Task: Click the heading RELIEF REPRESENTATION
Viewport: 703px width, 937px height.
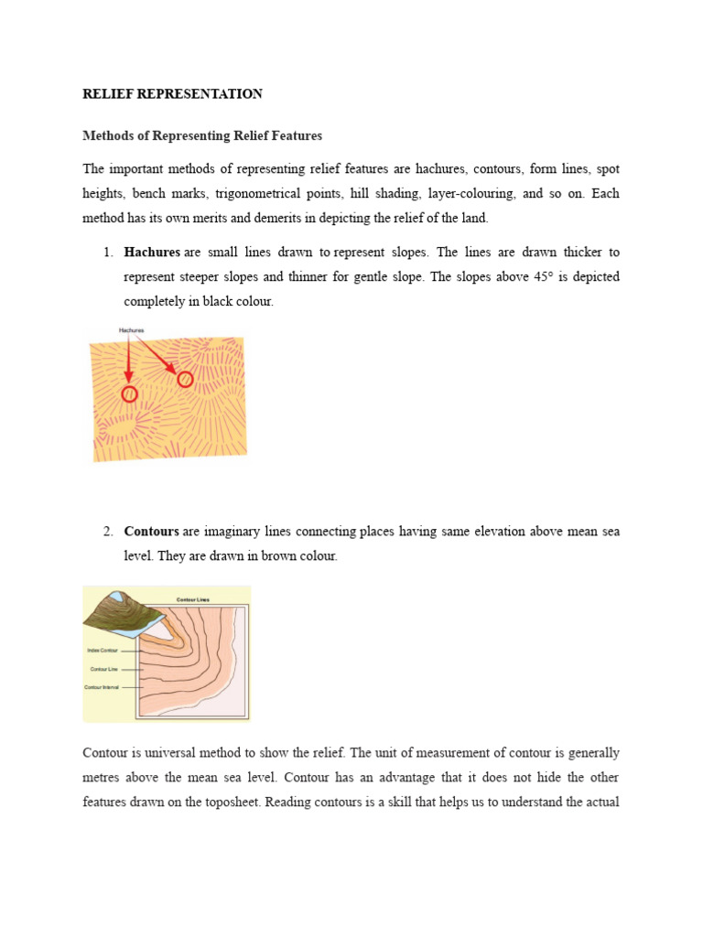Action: click(172, 94)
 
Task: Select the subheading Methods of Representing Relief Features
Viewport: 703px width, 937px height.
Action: click(202, 136)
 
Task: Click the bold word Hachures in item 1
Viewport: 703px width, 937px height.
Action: click(152, 252)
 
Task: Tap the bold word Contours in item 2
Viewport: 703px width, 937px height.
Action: click(151, 532)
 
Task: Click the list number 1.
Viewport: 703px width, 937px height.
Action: click(106, 252)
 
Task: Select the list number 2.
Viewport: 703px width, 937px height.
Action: click(106, 532)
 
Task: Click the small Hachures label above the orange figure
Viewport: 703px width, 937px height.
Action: click(132, 329)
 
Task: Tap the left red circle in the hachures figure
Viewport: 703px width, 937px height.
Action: click(129, 393)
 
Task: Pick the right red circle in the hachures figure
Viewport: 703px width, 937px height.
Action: click(185, 379)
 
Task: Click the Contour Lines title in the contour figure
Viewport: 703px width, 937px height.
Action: click(191, 600)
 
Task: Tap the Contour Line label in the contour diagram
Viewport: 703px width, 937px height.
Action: click(103, 669)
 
